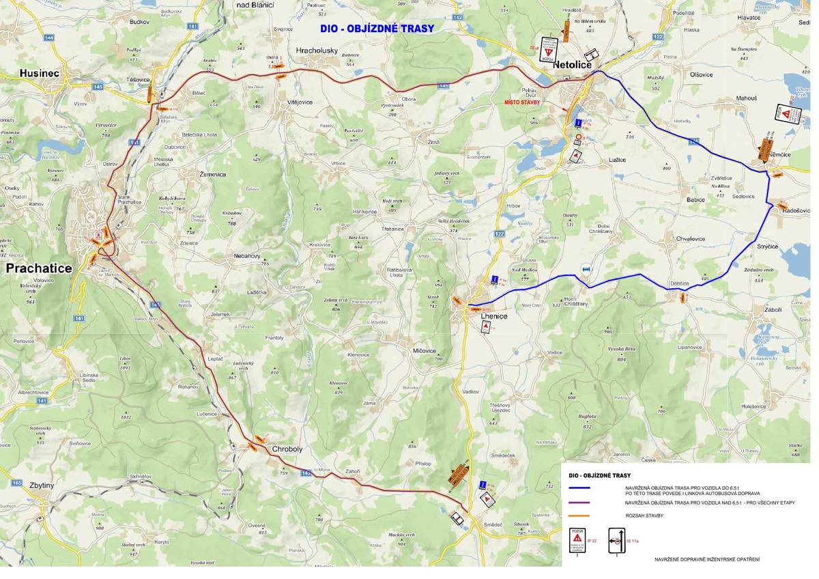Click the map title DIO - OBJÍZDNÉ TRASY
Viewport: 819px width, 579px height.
pyautogui.click(x=377, y=29)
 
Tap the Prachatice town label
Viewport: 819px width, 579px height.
pyautogui.click(x=39, y=268)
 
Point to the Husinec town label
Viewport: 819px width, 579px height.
pyautogui.click(x=40, y=73)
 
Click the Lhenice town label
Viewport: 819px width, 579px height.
pyautogui.click(x=494, y=316)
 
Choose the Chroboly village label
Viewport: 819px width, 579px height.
pyautogui.click(x=287, y=449)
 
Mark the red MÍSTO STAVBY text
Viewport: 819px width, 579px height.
pyautogui.click(x=522, y=102)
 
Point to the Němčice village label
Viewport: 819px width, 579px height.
pyautogui.click(x=779, y=155)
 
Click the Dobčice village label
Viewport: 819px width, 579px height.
pyautogui.click(x=679, y=283)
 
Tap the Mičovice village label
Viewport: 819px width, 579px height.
pyautogui.click(x=424, y=350)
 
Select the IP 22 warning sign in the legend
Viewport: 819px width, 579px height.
pyautogui.click(x=577, y=540)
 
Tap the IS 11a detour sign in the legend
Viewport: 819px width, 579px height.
pyautogui.click(x=616, y=540)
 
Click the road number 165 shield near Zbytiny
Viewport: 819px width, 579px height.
pyautogui.click(x=16, y=483)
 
